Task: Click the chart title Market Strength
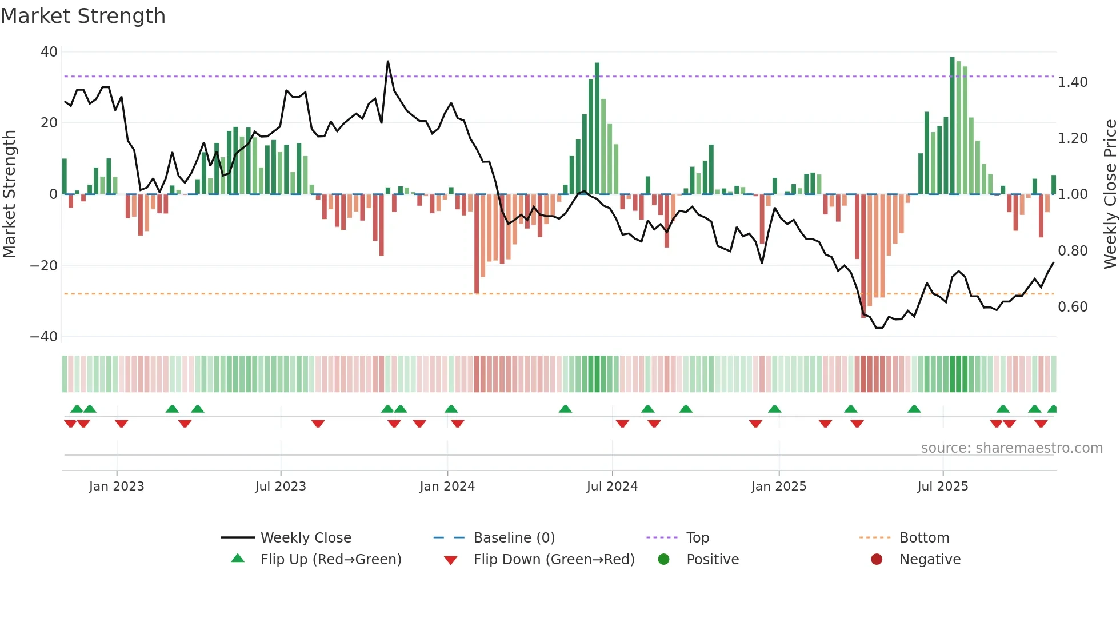(x=83, y=16)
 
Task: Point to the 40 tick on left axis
(x=49, y=52)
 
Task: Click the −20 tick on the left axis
(x=44, y=265)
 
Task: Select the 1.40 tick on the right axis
(x=1073, y=82)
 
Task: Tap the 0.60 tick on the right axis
(x=1073, y=307)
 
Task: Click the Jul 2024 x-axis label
(x=612, y=487)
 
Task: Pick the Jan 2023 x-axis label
(x=117, y=487)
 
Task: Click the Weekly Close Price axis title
(x=1110, y=194)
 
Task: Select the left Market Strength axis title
(x=10, y=194)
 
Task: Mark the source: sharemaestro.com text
(x=1011, y=448)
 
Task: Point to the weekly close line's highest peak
(x=388, y=61)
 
